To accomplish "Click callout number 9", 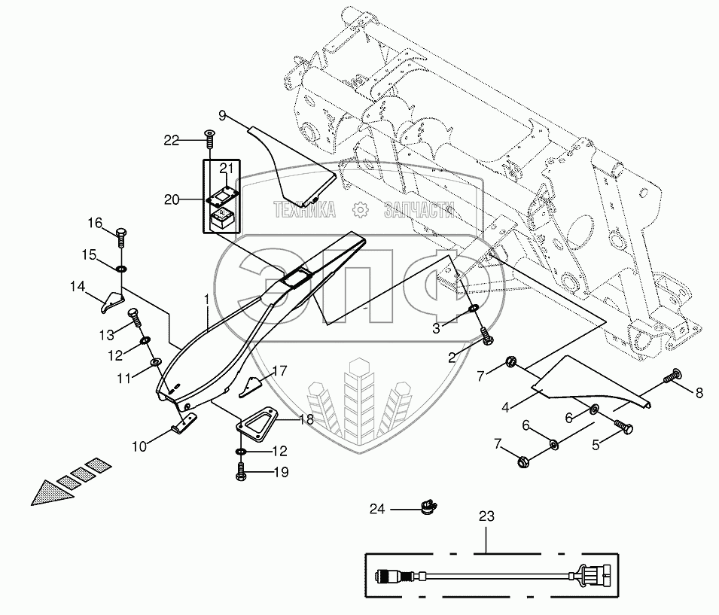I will point(223,115).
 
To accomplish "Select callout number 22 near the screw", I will point(172,139).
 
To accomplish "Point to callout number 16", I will point(94,223).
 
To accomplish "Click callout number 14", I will point(78,286).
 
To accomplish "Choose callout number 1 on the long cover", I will point(206,298).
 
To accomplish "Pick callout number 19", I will point(259,473).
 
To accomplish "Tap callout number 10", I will point(139,446).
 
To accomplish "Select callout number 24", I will point(376,510).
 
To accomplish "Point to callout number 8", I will point(699,392).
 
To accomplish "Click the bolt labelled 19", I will point(239,473).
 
